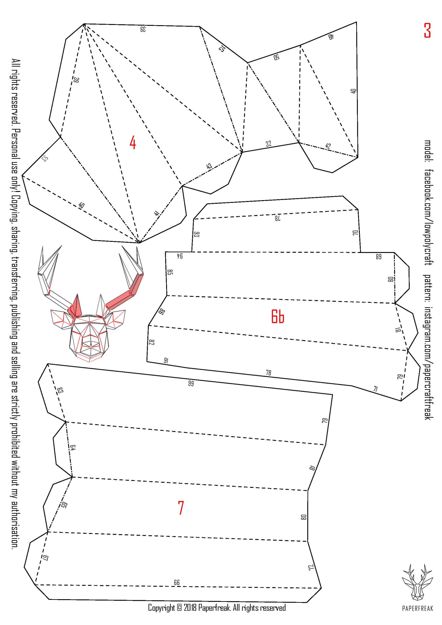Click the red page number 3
pos(427,30)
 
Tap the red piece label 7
pos(181,508)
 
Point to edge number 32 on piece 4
pos(269,144)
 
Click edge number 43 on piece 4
pos(209,166)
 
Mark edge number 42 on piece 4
pos(328,146)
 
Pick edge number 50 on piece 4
pos(276,57)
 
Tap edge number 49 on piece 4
pos(330,36)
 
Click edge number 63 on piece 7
pos(60,391)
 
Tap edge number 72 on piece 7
pos(311,567)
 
